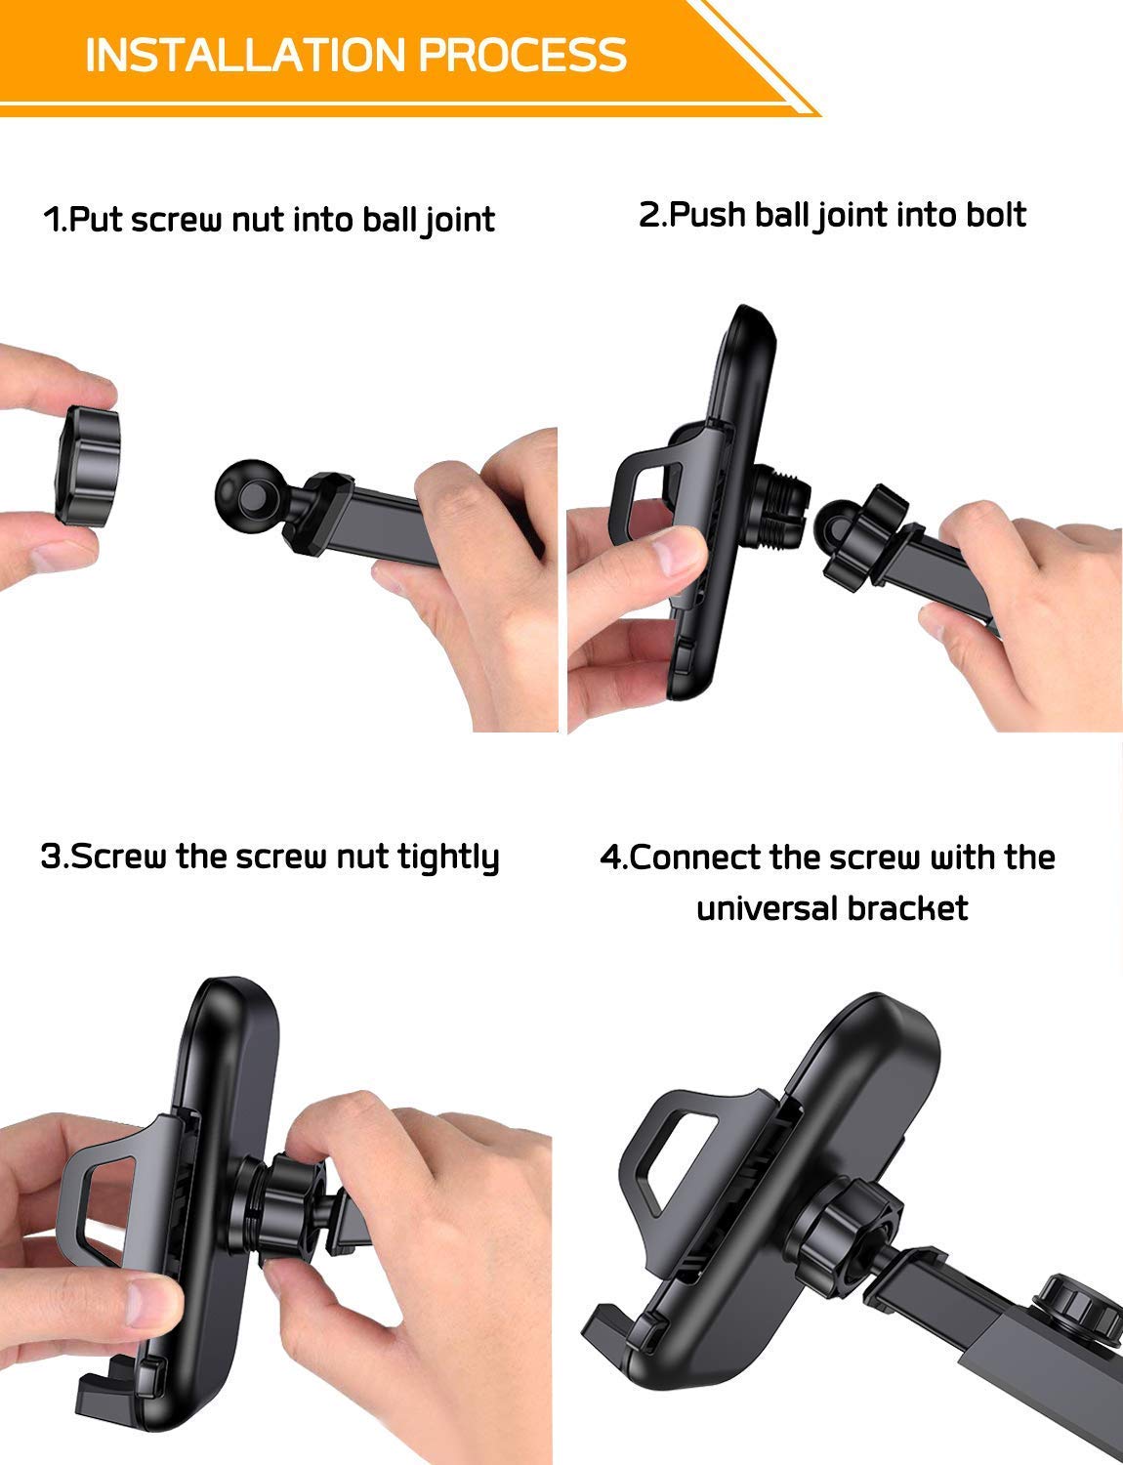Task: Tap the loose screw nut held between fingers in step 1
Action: [87, 465]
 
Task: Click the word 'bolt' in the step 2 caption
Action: [996, 215]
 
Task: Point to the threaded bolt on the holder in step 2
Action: [779, 506]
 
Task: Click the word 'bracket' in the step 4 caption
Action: [907, 908]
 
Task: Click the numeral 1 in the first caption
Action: [52, 220]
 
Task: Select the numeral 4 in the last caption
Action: [610, 858]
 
